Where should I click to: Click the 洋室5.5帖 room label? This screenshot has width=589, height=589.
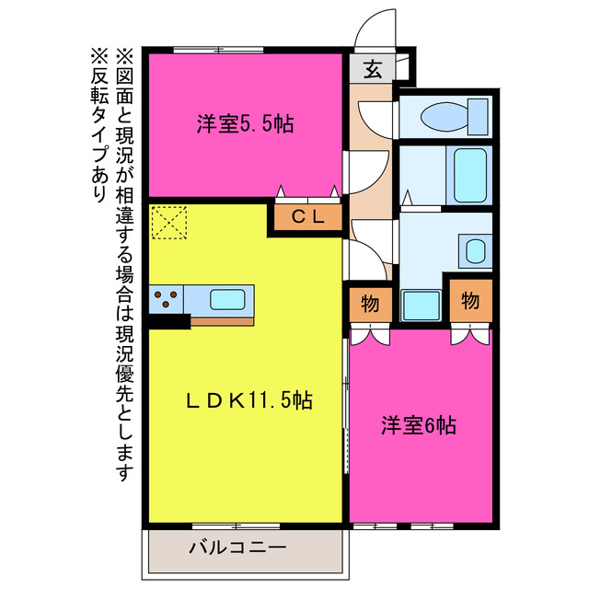pyautogui.click(x=244, y=123)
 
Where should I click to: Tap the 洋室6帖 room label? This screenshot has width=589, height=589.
pyautogui.click(x=420, y=426)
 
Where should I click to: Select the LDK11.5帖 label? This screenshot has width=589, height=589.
pyautogui.click(x=249, y=400)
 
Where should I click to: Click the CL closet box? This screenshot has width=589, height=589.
pyautogui.click(x=305, y=217)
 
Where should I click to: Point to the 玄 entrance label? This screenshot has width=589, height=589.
pyautogui.click(x=372, y=68)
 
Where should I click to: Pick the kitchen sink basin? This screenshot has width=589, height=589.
pyautogui.click(x=226, y=299)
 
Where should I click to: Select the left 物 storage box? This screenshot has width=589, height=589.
pyautogui.click(x=371, y=302)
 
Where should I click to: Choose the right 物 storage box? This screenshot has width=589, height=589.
pyautogui.click(x=470, y=300)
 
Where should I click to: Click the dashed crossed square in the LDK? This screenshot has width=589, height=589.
pyautogui.click(x=170, y=223)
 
